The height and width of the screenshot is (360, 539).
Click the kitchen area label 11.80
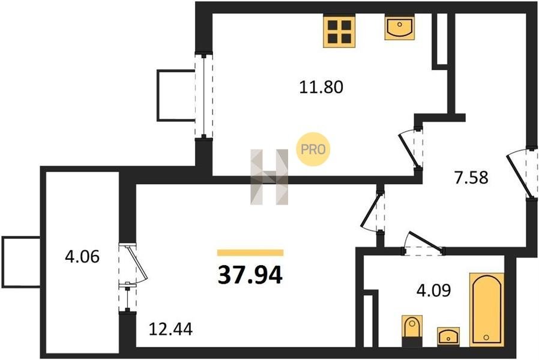(x=321, y=87)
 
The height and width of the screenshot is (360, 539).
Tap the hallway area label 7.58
(x=471, y=178)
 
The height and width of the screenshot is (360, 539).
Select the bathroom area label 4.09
(x=433, y=290)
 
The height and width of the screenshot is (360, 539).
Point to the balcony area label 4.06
(x=82, y=257)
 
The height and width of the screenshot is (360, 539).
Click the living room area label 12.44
(x=170, y=329)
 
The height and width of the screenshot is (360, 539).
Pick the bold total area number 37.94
(x=250, y=275)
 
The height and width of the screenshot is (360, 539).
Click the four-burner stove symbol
(x=339, y=32)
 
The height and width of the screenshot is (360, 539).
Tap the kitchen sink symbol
(x=399, y=28)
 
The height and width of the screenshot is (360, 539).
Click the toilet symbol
(x=412, y=328)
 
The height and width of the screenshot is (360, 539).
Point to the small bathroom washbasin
(x=448, y=336)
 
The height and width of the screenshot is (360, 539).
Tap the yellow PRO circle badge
(x=313, y=149)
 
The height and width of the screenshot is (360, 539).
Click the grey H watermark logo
(x=269, y=177)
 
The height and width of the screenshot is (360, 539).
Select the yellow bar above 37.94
(x=250, y=253)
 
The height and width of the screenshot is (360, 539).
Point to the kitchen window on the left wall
(x=204, y=95)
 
